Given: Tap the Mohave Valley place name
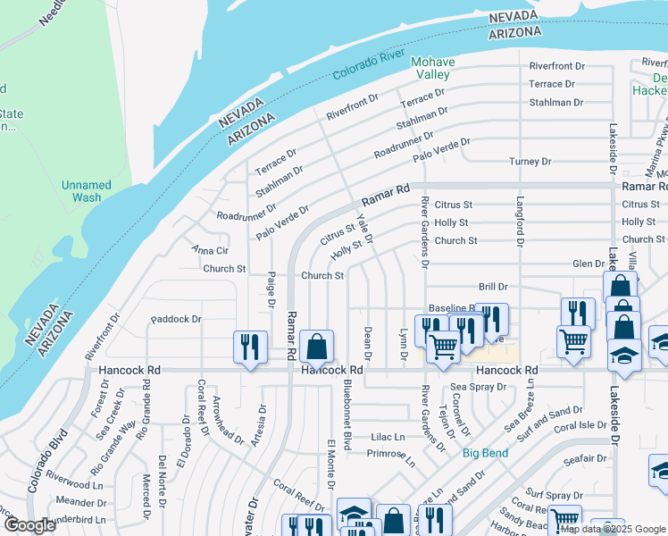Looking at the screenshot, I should click(x=433, y=69).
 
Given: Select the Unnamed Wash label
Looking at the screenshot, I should click(x=87, y=191).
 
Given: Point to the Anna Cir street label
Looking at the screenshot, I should click(x=211, y=251).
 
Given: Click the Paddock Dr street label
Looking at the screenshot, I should click(x=177, y=319).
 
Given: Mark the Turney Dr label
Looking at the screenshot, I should click(x=530, y=162).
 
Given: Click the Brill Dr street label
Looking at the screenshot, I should click(x=492, y=288).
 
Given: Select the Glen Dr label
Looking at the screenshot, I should click(x=589, y=264).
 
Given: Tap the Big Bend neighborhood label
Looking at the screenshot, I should click(x=485, y=453).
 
